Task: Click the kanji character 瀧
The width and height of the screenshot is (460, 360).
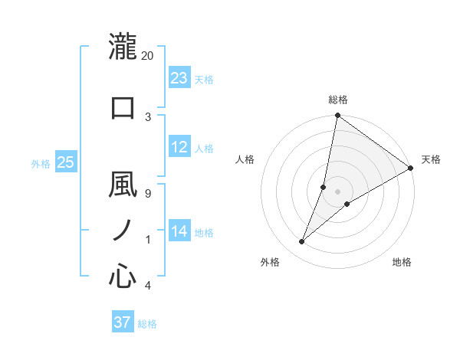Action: pos(123,47)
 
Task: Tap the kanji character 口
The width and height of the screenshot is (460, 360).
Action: pos(123,107)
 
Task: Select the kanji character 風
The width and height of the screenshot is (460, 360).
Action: pos(123,185)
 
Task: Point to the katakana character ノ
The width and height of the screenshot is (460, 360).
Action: pos(123,231)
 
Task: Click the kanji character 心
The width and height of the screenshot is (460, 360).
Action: pos(123,276)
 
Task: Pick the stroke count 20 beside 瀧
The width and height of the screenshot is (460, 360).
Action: pos(148,56)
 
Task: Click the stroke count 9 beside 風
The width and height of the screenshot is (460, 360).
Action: pos(147,193)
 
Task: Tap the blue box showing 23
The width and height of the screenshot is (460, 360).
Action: pos(179,78)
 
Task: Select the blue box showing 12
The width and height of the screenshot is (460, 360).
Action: pos(179,148)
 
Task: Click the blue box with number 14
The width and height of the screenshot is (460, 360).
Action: pos(179,232)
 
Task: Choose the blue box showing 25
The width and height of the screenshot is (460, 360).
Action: pos(65,162)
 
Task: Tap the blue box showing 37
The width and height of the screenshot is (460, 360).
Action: pos(123,322)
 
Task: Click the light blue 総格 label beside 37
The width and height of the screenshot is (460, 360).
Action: pos(147,324)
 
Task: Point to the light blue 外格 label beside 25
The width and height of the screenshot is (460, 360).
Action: pos(41,163)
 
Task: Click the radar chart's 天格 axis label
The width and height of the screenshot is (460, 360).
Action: pos(431,159)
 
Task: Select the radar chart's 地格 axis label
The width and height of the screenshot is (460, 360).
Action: pos(402,262)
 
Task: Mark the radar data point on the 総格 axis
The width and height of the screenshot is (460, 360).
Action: pos(337,116)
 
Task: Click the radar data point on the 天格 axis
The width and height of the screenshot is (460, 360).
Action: pos(410,168)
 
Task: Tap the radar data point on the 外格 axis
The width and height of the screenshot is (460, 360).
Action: pos(302,242)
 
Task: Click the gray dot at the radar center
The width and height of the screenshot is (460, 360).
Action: pos(337,191)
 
